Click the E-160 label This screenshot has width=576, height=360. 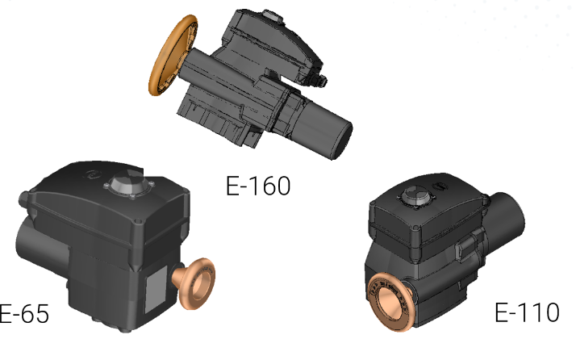pos(258,186)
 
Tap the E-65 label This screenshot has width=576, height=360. pos(23,314)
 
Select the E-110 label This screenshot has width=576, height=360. pos(527,312)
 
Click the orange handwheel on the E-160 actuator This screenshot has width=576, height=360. pos(172,55)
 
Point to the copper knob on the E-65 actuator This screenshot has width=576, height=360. pos(194,283)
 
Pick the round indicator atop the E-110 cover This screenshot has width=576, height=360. pos(416,195)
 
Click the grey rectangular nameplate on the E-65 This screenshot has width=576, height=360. pos(157,290)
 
